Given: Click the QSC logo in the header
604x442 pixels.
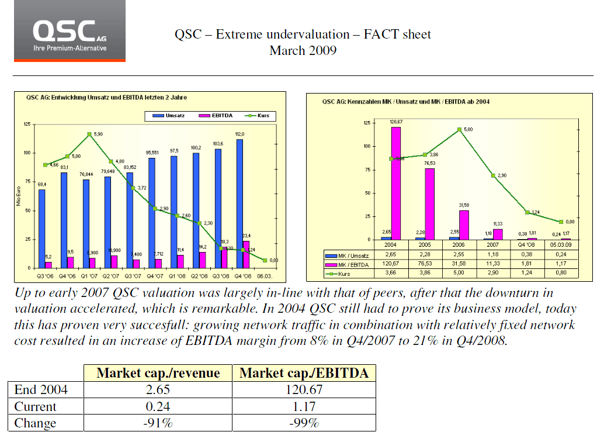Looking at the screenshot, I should point(70,31).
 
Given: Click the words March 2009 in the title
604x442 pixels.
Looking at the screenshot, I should point(303,50).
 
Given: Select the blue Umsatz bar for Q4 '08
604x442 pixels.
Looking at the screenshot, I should point(239,203).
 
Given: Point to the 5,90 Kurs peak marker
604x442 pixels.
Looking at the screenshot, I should point(89,134).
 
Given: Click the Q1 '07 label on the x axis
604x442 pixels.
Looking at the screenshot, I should point(89,275).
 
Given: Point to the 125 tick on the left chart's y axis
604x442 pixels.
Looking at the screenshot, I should point(27,124).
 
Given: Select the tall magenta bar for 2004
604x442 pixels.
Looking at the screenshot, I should point(396,183).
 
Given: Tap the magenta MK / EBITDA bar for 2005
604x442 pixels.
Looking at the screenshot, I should point(430,203).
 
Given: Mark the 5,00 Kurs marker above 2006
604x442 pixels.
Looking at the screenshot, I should point(460,129).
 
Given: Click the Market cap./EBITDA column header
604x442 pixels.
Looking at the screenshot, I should point(304,373).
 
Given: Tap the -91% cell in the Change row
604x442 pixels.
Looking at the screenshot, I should point(158,423).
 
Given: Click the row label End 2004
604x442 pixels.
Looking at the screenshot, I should point(40,389).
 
